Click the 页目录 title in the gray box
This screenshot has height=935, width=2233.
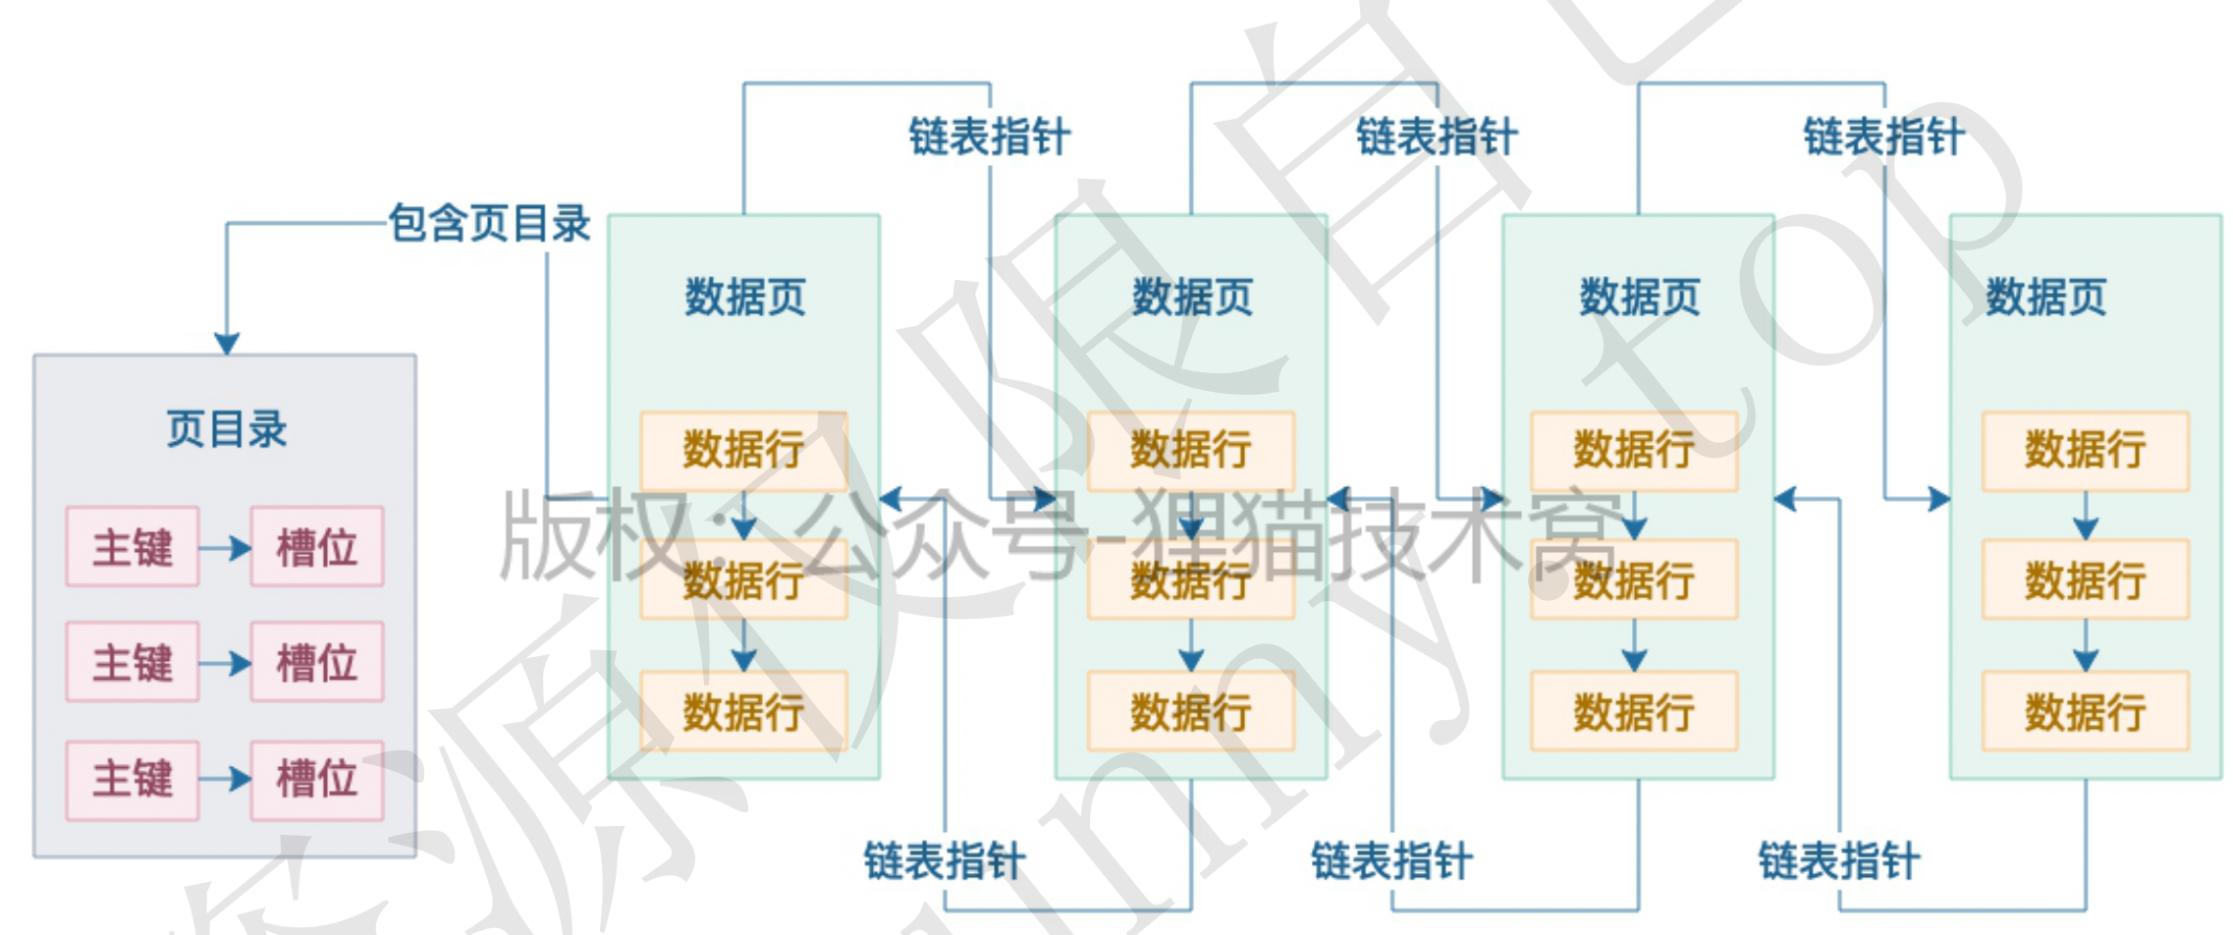[226, 430]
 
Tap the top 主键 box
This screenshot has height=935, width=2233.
[133, 547]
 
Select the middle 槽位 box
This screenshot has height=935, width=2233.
[316, 662]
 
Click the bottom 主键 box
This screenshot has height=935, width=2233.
[133, 779]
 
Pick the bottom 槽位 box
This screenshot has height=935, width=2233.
[316, 779]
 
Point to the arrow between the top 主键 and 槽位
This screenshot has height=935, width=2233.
[226, 547]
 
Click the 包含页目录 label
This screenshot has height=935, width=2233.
[489, 223]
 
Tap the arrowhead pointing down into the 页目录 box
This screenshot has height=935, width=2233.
[227, 343]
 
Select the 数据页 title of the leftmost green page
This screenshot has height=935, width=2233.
[744, 297]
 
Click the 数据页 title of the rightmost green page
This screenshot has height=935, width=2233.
[2046, 297]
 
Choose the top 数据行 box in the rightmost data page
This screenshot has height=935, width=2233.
[2085, 451]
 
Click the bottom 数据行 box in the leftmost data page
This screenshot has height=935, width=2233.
[743, 712]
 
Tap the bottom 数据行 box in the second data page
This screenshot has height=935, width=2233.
[1190, 712]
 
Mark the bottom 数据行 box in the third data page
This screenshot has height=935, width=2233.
[1634, 712]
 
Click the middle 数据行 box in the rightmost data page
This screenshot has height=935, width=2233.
[2085, 579]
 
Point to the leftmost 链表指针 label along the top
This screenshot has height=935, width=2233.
[989, 137]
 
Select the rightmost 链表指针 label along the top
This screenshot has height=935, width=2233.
[1883, 137]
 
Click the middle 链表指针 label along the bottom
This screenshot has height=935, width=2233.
[1391, 861]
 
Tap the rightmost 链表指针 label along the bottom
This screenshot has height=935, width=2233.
[1838, 861]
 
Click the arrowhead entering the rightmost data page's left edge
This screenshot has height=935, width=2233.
[1938, 499]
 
